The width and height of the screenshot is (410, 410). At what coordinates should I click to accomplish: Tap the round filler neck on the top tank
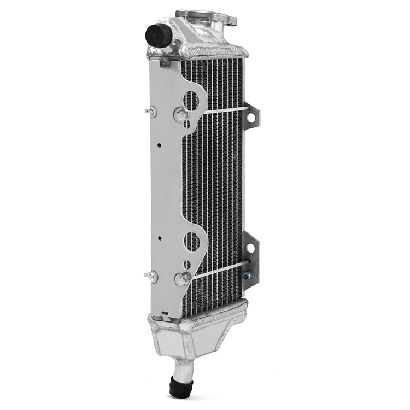tap(206, 17)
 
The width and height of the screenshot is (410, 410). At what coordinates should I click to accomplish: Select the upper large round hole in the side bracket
tap(192, 100)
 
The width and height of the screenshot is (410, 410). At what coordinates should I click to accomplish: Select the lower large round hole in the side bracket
tap(192, 241)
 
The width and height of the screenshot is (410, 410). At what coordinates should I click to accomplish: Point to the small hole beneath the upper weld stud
tap(187, 124)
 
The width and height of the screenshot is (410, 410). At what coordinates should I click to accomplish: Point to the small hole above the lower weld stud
tap(187, 264)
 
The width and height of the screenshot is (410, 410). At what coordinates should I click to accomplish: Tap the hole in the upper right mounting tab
tap(252, 116)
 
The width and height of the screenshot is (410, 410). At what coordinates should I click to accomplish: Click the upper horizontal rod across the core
tap(224, 110)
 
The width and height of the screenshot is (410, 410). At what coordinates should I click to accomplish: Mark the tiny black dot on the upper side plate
tap(159, 145)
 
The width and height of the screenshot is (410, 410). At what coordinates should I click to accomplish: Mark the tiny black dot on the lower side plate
tap(159, 238)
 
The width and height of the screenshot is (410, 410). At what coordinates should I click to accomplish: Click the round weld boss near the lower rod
tap(182, 279)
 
